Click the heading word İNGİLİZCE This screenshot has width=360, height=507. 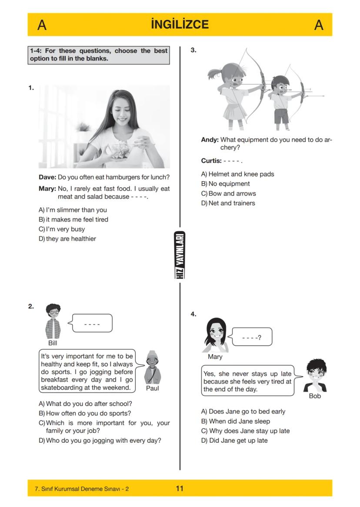tap(180, 25)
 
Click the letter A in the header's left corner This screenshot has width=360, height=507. tap(42, 25)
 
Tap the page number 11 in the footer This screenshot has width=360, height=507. tap(180, 488)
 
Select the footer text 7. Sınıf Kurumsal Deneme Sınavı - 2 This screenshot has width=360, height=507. tap(81, 489)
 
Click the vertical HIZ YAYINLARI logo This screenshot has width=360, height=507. tap(180, 255)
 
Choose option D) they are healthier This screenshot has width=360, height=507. tap(67, 239)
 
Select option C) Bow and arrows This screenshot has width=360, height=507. tap(228, 193)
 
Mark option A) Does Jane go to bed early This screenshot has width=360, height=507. tap(243, 411)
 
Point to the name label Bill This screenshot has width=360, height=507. tap(53, 343)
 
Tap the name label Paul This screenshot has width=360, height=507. tap(152, 388)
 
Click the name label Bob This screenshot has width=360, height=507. tap(314, 396)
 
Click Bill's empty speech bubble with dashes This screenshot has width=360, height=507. tap(92, 324)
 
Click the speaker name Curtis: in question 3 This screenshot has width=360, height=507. tap(211, 161)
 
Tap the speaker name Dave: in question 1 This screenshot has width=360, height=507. tap(47, 177)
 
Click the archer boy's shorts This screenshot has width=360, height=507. tap(281, 116)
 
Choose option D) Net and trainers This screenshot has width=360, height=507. tap(228, 203)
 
